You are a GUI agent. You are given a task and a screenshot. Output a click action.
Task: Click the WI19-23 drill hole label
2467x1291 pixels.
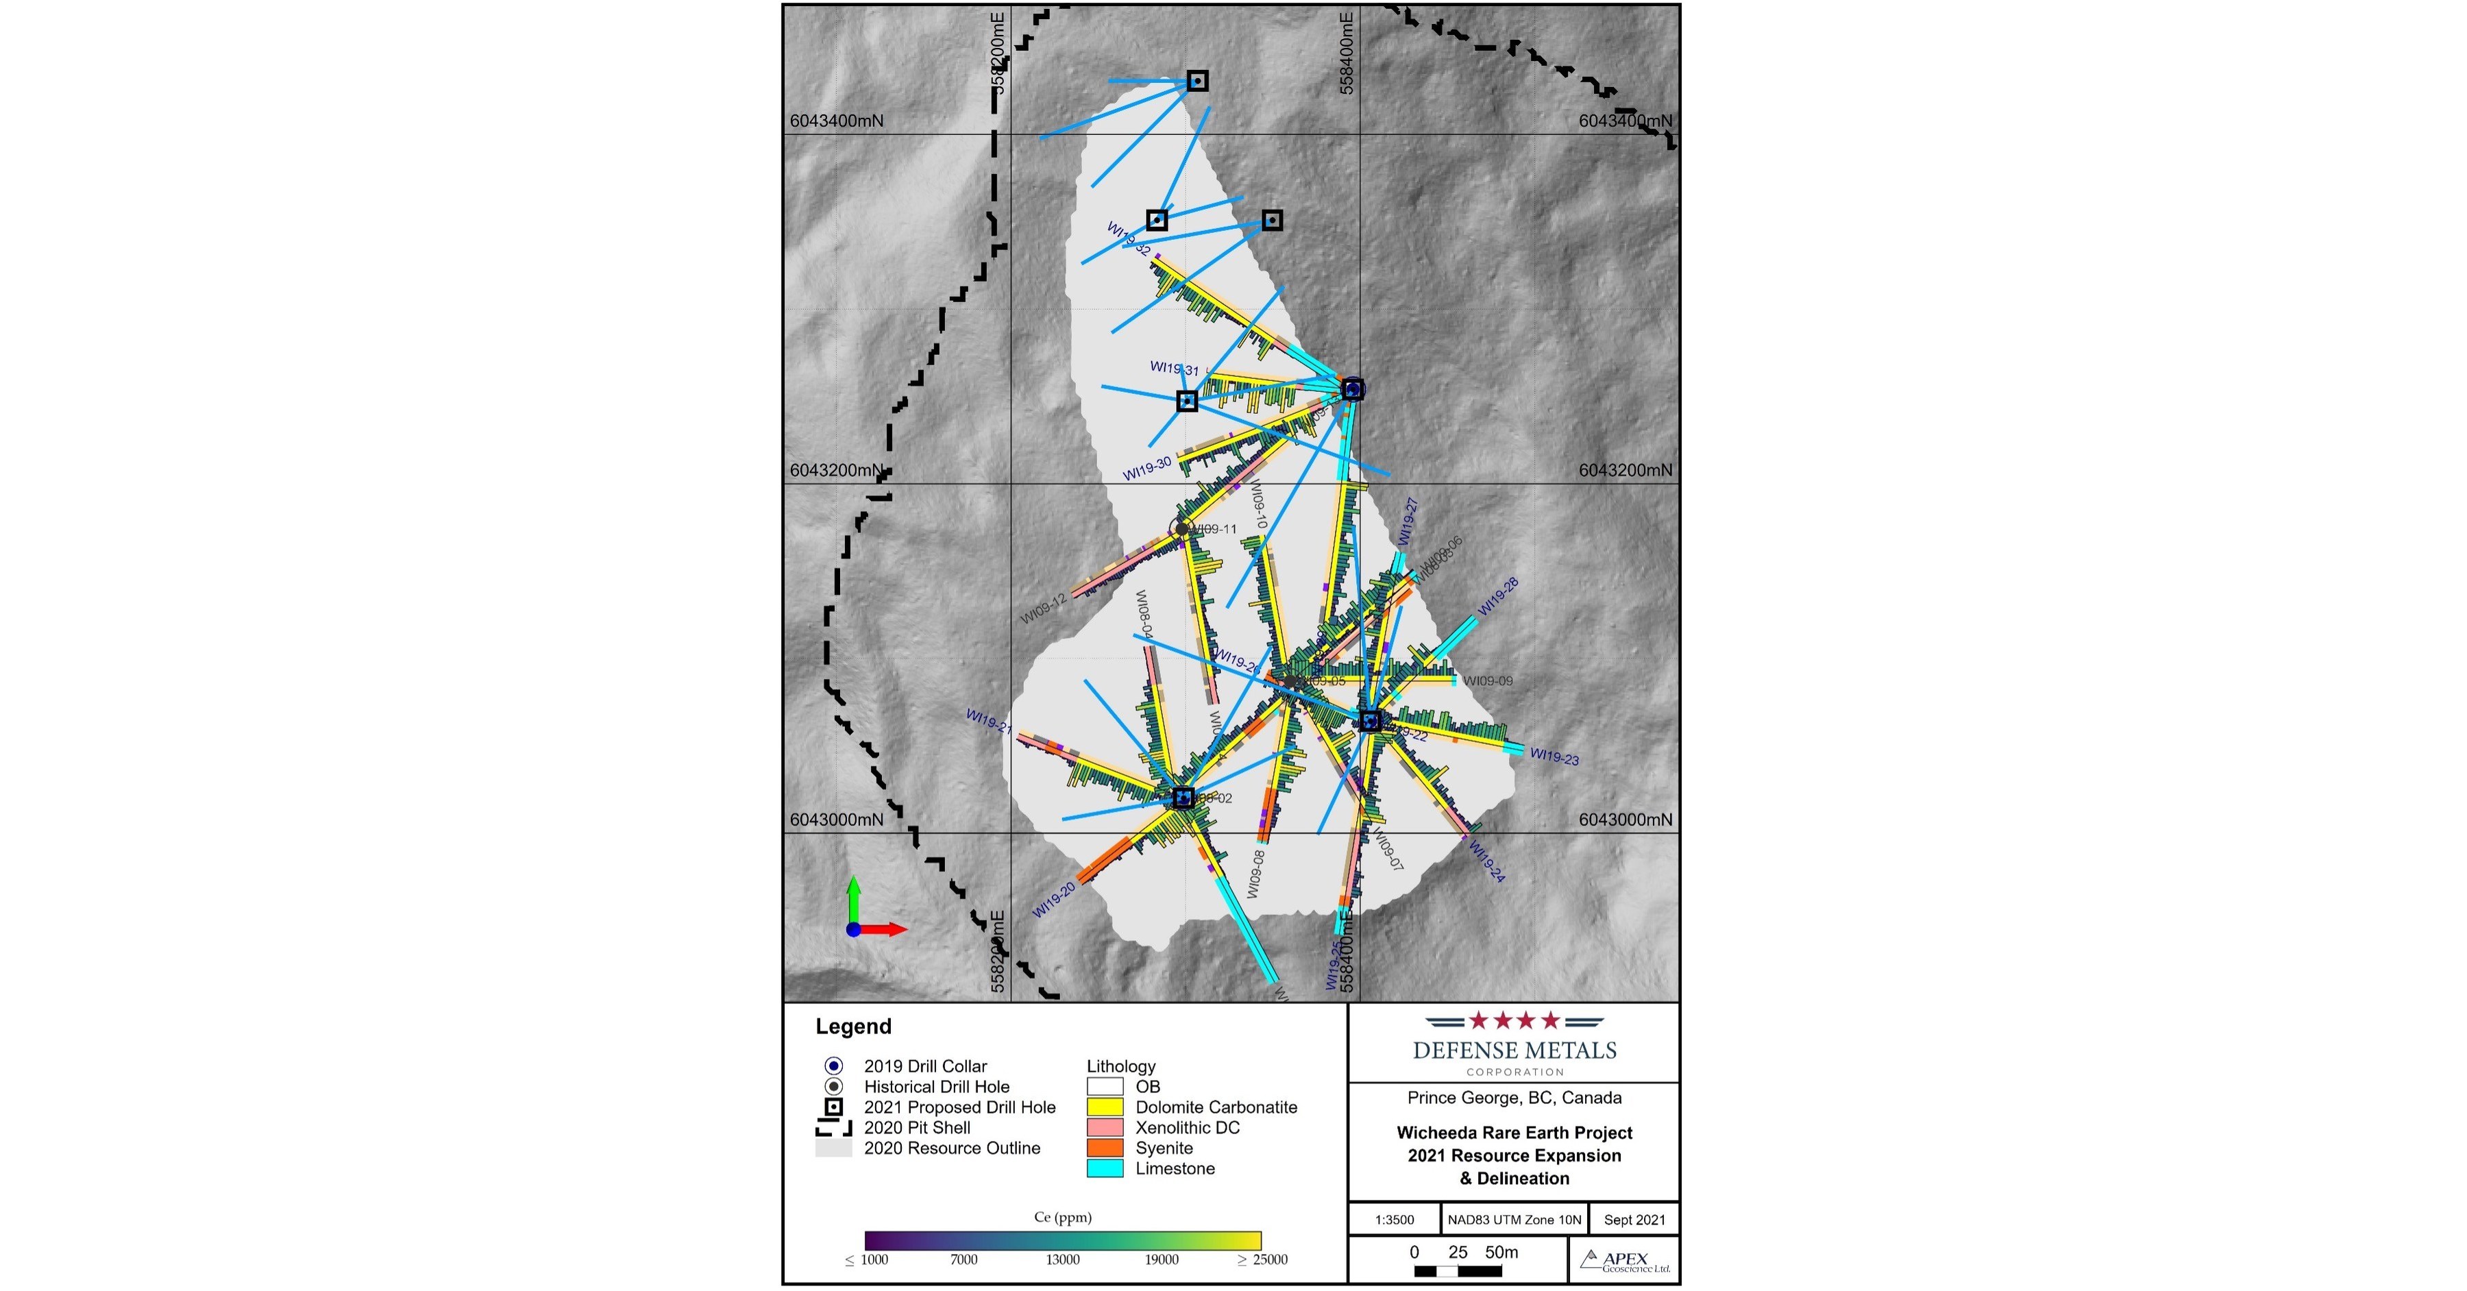[1554, 757]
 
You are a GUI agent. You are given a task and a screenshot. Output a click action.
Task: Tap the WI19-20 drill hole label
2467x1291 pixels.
[1053, 900]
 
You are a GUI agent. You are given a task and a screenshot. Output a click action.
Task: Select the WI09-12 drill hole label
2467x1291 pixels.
[1043, 609]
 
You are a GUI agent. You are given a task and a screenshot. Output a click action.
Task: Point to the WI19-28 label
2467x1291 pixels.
[1498, 597]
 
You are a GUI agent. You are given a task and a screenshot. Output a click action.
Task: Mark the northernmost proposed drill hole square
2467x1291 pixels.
[1197, 82]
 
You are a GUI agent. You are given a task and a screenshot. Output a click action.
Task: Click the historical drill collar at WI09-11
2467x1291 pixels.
[1182, 528]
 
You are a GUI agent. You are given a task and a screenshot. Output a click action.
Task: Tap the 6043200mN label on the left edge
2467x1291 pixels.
[836, 470]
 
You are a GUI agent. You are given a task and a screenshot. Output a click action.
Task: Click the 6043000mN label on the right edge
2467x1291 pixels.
[1625, 819]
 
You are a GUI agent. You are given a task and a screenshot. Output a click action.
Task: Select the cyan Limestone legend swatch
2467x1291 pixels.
[1104, 1168]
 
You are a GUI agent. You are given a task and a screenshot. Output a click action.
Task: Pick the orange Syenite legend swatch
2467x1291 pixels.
[1104, 1147]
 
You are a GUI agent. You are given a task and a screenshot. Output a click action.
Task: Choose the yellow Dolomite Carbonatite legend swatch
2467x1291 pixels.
[1104, 1107]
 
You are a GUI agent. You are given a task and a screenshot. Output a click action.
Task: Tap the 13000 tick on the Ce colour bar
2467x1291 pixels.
[1062, 1259]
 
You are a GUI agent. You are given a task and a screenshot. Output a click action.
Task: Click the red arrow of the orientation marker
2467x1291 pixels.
[886, 929]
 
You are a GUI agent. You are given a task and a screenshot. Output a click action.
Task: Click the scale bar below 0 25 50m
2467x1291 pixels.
[1458, 1272]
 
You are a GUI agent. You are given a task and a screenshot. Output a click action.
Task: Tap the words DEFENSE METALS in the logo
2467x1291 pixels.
[1514, 1050]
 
